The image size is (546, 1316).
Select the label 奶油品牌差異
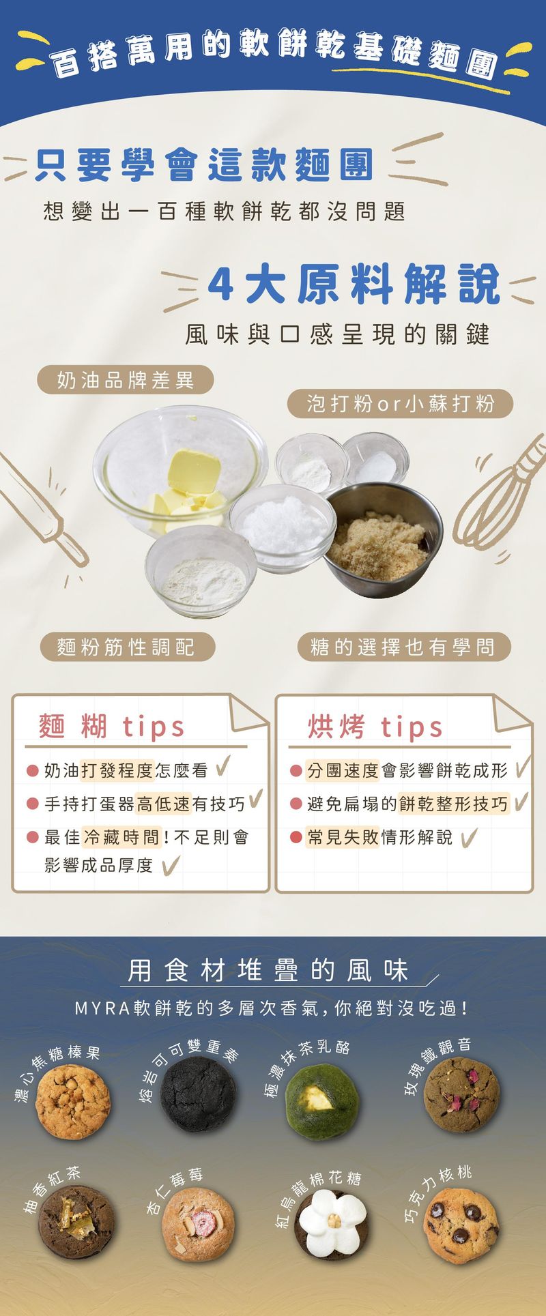(x=126, y=380)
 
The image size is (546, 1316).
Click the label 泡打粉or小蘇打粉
(x=400, y=404)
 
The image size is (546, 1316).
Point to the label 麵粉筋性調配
(x=126, y=647)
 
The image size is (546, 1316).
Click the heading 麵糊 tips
(x=112, y=727)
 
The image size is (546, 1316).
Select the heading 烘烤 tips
(x=375, y=727)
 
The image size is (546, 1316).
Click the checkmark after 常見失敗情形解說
(x=469, y=837)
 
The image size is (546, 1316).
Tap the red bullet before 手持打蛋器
(x=32, y=804)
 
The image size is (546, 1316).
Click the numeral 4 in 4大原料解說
(x=220, y=284)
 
